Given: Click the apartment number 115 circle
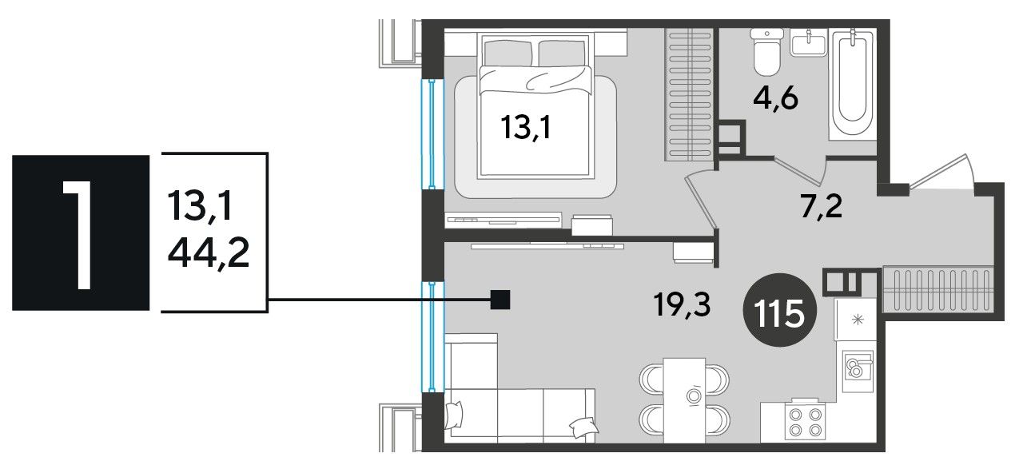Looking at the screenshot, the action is point(780,310).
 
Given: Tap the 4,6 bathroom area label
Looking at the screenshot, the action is point(775,100).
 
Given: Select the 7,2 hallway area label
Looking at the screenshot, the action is point(822,207).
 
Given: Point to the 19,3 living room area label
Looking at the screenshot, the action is point(682,304).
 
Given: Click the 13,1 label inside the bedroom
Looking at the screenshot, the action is point(525,127).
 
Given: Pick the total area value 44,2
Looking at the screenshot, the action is point(209,254).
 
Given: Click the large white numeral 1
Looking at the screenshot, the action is point(78,234).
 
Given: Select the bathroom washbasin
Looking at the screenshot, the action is point(809,43).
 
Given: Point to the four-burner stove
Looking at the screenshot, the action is point(806,422).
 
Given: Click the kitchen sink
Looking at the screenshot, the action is point(858,371).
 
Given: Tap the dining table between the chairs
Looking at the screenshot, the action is point(684,400).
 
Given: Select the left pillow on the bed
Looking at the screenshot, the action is point(508,54).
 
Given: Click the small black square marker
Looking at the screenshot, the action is point(500,300).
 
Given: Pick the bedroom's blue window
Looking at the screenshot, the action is point(432,134).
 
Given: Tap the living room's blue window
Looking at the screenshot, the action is point(432,336).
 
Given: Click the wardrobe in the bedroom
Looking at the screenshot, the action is point(688,94).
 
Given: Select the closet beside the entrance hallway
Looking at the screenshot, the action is point(938,291).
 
